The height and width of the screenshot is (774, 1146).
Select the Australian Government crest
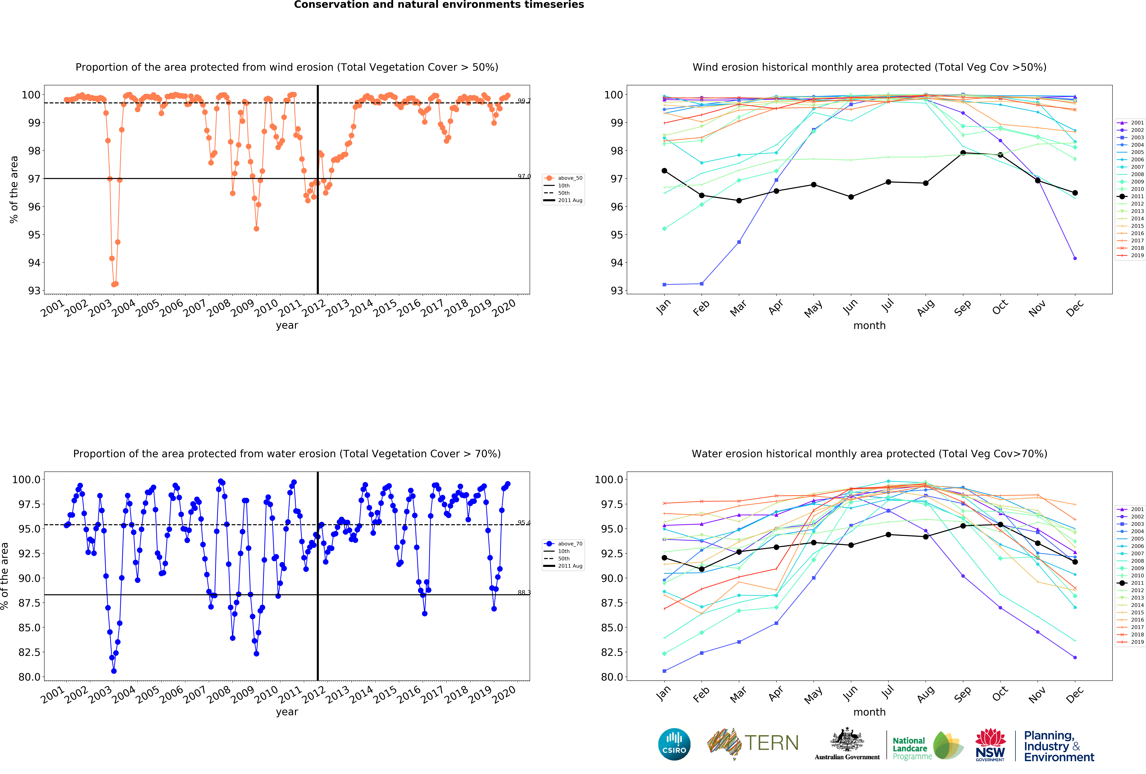847,739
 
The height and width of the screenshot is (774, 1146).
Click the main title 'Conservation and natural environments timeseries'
439,5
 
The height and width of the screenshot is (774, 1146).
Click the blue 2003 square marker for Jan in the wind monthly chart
664,284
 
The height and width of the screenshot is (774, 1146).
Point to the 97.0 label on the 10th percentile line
524,176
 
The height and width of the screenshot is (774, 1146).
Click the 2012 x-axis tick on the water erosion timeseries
314,694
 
